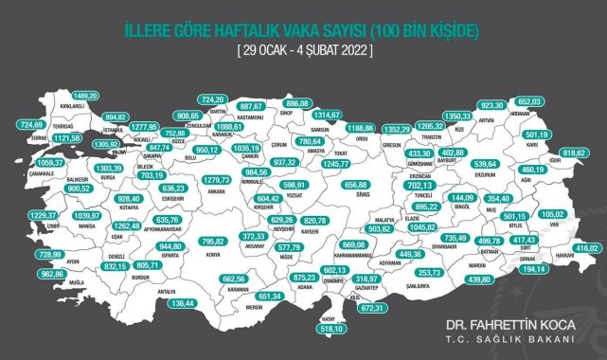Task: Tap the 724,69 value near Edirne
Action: click(31, 124)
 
